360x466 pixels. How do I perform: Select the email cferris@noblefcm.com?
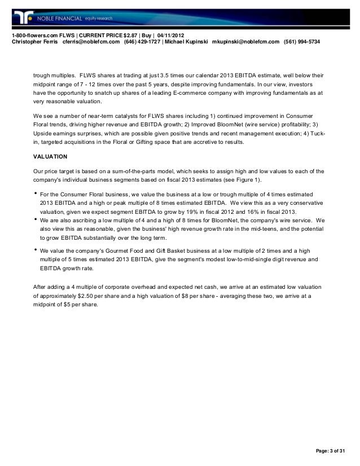[91, 42]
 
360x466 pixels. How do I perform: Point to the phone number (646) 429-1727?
[142, 42]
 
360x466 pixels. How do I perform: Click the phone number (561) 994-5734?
[302, 42]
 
